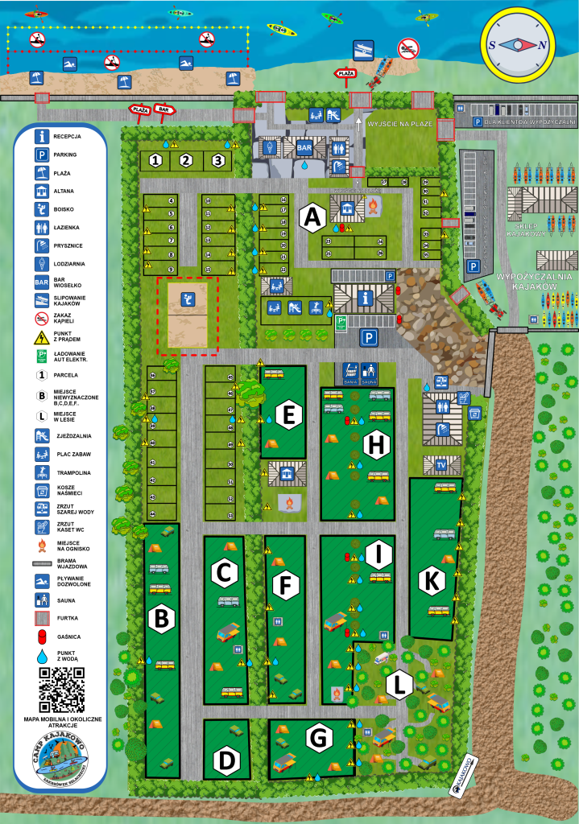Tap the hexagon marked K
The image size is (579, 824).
coord(433,579)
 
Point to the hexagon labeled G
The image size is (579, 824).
coord(319,736)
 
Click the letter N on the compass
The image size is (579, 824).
coord(543,45)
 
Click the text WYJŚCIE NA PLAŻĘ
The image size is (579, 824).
coord(400,124)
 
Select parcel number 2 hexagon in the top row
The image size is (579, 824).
coord(186,160)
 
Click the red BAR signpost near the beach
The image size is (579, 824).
coord(165,109)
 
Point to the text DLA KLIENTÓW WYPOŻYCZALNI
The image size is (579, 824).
coord(528,122)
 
